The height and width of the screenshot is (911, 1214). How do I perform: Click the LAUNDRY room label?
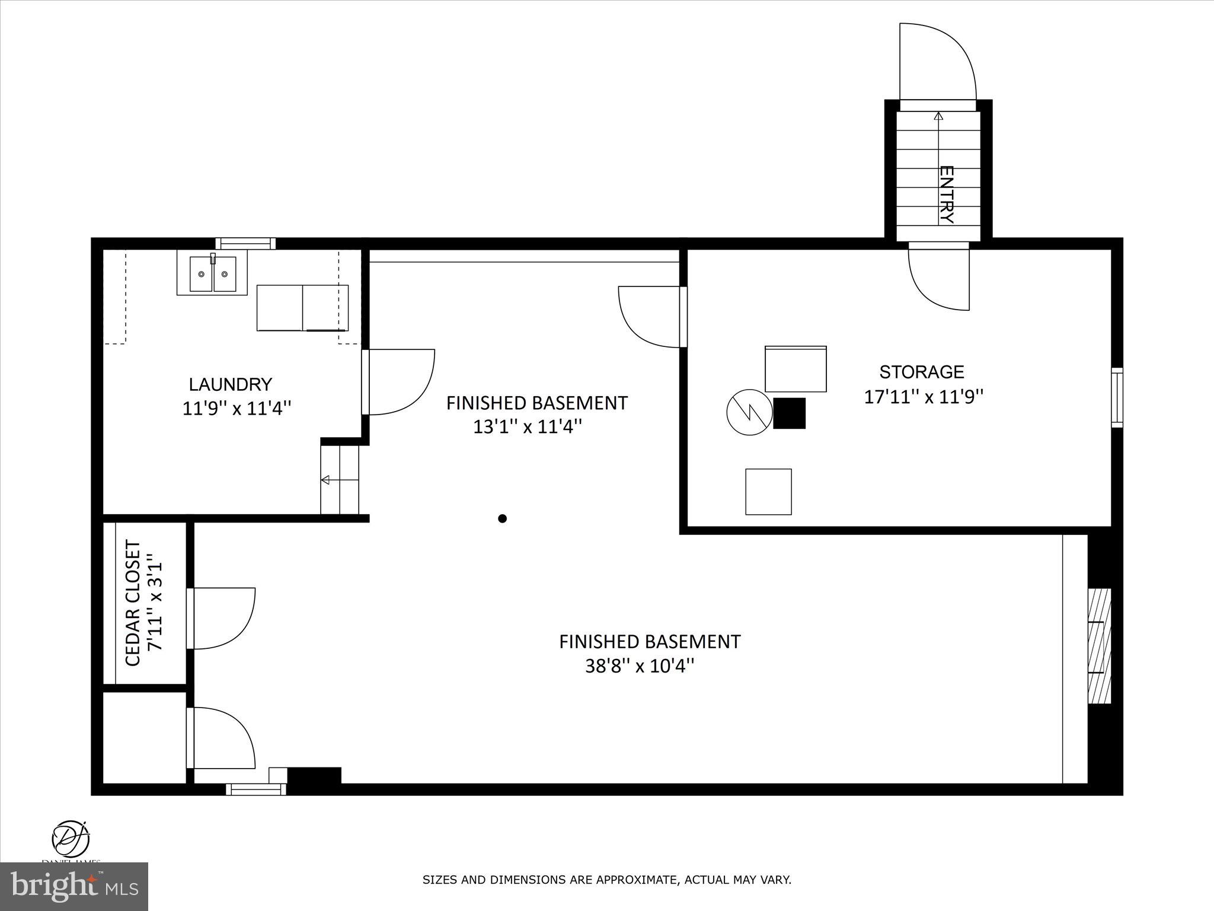(x=230, y=384)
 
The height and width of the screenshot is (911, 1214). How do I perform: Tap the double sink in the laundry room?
(x=212, y=273)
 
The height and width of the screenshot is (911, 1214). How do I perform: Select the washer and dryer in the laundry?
(x=302, y=307)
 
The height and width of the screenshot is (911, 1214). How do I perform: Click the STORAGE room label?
(x=921, y=372)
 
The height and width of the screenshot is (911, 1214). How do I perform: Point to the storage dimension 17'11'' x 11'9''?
(x=924, y=397)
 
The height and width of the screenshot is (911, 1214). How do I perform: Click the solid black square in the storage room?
(x=789, y=413)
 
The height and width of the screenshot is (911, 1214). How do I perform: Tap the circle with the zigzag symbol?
(x=750, y=412)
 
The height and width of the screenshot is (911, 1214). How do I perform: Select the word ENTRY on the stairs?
(x=947, y=195)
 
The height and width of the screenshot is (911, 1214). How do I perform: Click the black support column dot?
(x=502, y=518)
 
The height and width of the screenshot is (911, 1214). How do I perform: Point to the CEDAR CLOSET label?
(x=133, y=603)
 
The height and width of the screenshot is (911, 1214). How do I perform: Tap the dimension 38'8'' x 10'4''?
(x=640, y=667)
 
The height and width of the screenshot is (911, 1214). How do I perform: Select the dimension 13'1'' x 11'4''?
(x=528, y=427)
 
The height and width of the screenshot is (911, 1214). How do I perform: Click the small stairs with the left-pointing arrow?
(x=340, y=479)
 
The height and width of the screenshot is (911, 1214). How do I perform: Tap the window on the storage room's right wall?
(x=1117, y=397)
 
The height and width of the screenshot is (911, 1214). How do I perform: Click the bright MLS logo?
(x=74, y=886)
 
